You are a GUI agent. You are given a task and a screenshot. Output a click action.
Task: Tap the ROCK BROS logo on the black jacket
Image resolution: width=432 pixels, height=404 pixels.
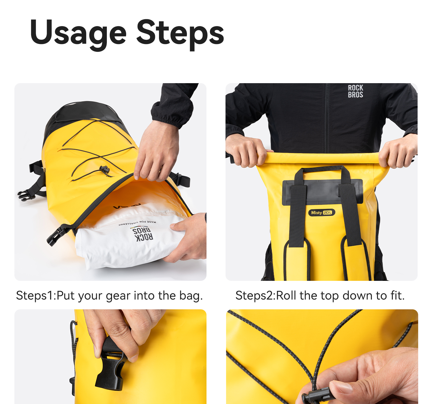click(355, 91)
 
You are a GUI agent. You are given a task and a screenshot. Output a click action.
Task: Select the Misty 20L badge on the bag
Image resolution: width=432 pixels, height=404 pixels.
click(321, 213)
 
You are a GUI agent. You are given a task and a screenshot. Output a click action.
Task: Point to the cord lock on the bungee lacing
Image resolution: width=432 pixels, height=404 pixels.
click(105, 169)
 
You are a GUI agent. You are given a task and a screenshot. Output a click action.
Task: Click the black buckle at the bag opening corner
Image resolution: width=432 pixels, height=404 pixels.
click(57, 235)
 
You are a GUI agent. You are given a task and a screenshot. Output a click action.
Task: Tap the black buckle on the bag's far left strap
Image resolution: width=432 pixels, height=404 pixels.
click(26, 195)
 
